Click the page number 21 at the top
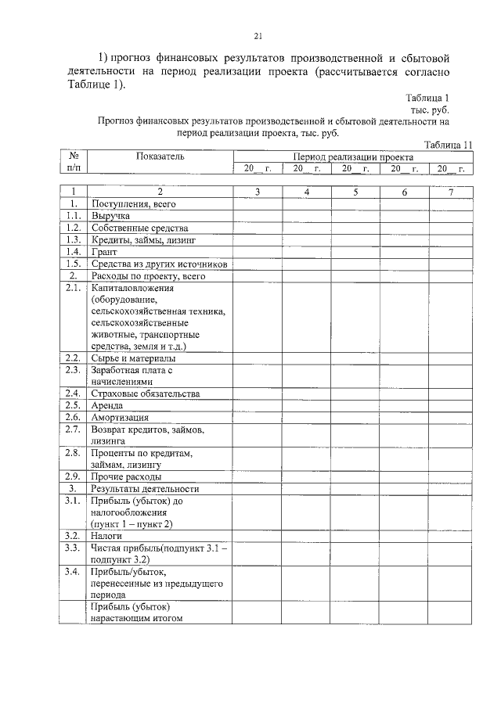pyautogui.click(x=258, y=35)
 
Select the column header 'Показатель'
pyautogui.click(x=160, y=156)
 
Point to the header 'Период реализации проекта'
pyautogui.click(x=353, y=156)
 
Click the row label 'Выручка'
pyautogui.click(x=110, y=215)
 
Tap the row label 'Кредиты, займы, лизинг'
pyautogui.click(x=142, y=239)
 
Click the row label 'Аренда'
pyautogui.click(x=108, y=405)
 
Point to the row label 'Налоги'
pyautogui.click(x=107, y=536)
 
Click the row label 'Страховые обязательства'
pyautogui.click(x=145, y=394)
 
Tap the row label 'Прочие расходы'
pyautogui.click(x=127, y=476)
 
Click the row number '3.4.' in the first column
pyautogui.click(x=74, y=572)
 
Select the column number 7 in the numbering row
pyautogui.click(x=451, y=192)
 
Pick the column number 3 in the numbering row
pyautogui.click(x=258, y=192)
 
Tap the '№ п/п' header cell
pyautogui.click(x=74, y=162)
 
